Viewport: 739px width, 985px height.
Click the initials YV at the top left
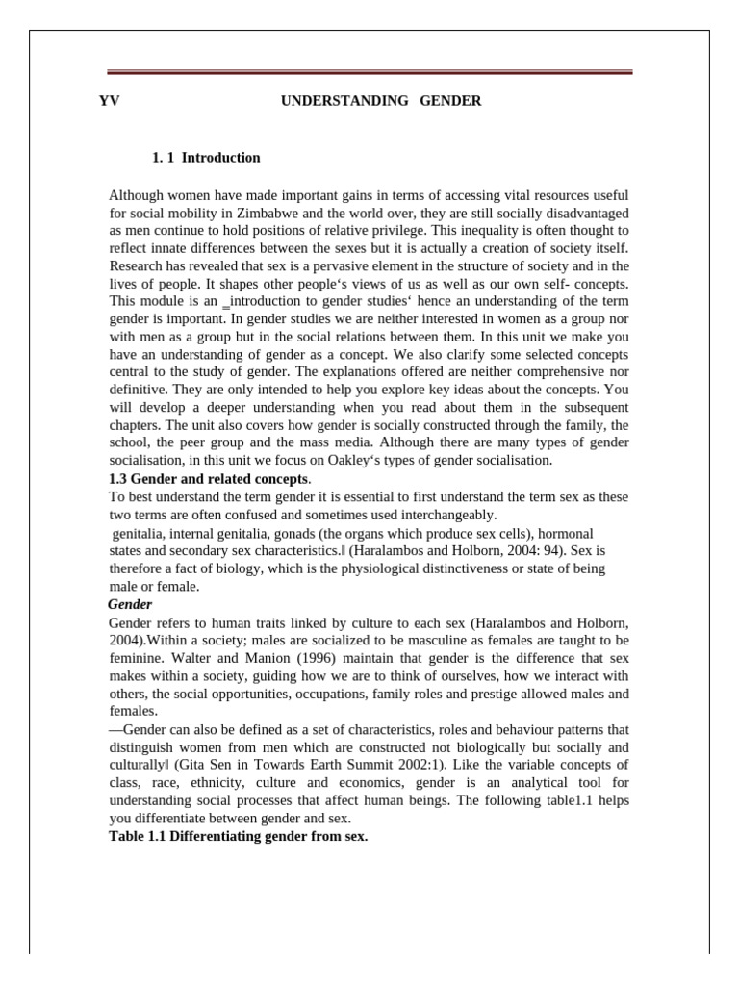[x=110, y=100]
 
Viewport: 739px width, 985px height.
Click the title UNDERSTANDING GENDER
[x=380, y=100]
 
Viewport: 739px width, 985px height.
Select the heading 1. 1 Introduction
[x=206, y=158]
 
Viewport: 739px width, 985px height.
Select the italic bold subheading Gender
[x=131, y=604]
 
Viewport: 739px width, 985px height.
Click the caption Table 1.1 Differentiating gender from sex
[x=239, y=837]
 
